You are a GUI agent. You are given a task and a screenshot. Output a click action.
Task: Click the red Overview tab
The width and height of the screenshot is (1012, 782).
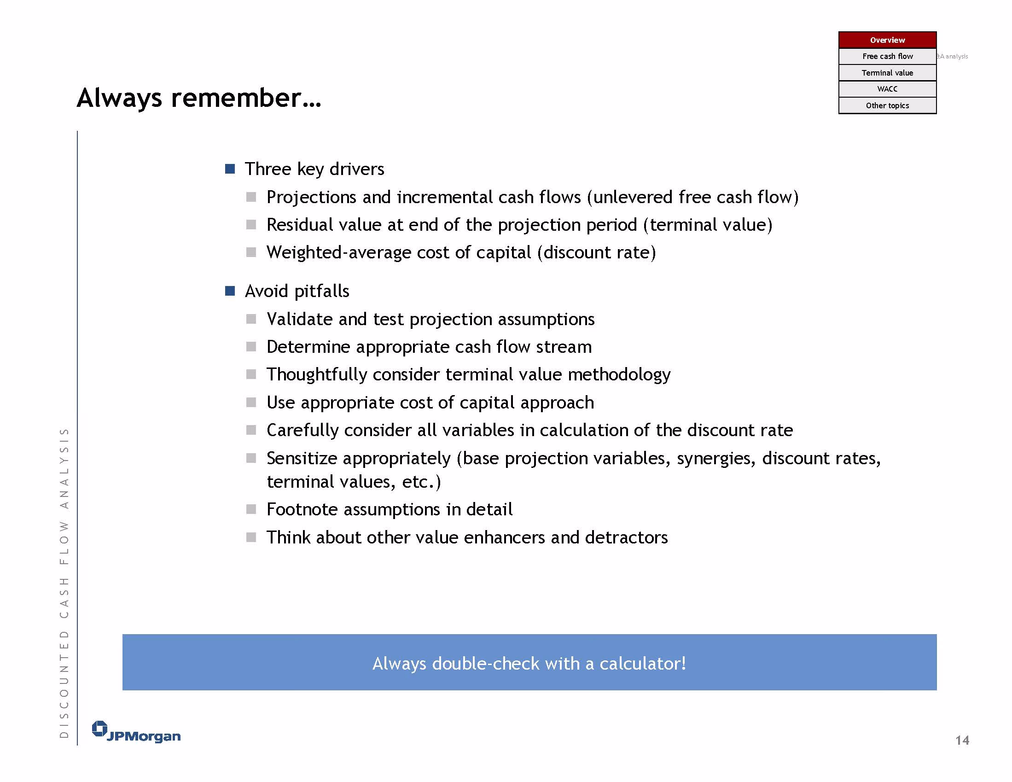[887, 40]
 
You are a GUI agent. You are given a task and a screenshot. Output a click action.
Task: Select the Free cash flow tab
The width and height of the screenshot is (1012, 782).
[887, 56]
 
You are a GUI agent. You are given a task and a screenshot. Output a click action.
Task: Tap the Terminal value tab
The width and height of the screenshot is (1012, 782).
[887, 73]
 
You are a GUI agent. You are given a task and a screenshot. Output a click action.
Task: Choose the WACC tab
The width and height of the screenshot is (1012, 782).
[887, 89]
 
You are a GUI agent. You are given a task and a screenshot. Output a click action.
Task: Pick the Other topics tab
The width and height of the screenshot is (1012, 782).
[887, 105]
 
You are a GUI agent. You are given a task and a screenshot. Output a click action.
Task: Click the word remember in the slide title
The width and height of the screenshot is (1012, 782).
[245, 98]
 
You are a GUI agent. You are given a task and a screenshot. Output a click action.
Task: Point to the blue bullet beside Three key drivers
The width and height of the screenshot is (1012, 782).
[230, 169]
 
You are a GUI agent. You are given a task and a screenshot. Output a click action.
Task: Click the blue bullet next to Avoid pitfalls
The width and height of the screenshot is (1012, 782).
[230, 291]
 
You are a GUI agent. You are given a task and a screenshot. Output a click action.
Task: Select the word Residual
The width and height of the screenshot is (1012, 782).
[299, 225]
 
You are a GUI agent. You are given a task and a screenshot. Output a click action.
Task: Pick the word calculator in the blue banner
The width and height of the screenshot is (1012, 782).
[643, 664]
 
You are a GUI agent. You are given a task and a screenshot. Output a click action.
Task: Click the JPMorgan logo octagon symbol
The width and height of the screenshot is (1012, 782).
[99, 729]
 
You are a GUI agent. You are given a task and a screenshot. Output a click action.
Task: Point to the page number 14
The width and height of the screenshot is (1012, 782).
[962, 740]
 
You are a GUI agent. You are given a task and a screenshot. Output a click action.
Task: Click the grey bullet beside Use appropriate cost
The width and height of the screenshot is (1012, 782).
[251, 403]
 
